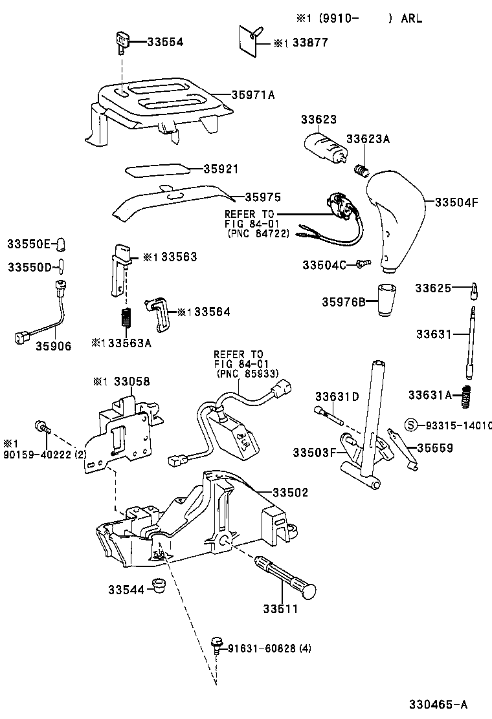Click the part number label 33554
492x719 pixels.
pos(165,41)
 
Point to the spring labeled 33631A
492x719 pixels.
pos(465,396)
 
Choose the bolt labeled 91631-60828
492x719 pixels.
pos(217,644)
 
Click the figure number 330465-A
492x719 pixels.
pos(437,704)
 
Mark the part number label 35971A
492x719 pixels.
pos(253,94)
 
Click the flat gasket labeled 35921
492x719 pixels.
pos(158,169)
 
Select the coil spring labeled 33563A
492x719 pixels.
pos(128,317)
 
